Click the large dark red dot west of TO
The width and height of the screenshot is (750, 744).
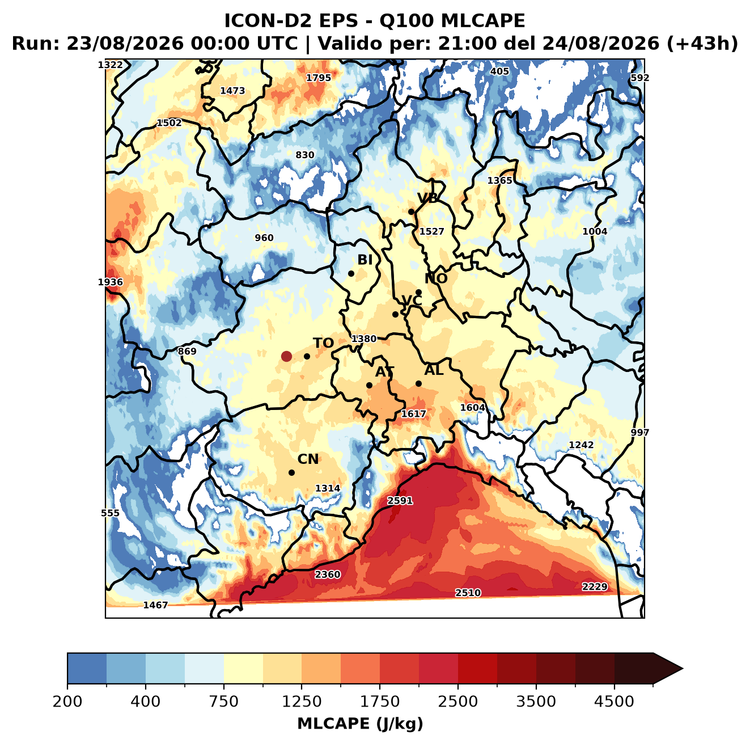point(286,356)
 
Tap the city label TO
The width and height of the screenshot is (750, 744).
point(324,343)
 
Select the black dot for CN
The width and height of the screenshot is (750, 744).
point(291,472)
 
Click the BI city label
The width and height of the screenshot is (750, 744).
point(365,260)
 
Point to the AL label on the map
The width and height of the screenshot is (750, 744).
point(434,370)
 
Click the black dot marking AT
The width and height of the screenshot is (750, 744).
point(369,386)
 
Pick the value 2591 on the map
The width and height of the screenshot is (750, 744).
point(400,501)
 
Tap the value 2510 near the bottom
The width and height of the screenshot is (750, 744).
point(468,593)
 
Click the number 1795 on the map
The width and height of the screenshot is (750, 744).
point(319,78)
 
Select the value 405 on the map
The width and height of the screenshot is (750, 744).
point(499,71)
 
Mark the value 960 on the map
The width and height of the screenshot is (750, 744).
point(264,238)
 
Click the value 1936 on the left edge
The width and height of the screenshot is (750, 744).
point(110,282)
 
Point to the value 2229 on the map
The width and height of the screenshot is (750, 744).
point(594,586)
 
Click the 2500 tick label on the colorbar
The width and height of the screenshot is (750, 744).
point(457,701)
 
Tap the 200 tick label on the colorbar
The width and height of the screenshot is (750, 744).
point(67,701)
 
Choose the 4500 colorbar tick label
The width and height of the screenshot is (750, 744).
point(614,701)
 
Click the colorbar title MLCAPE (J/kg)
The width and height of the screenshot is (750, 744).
point(360,724)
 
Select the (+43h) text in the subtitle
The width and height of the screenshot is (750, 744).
point(702,43)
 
